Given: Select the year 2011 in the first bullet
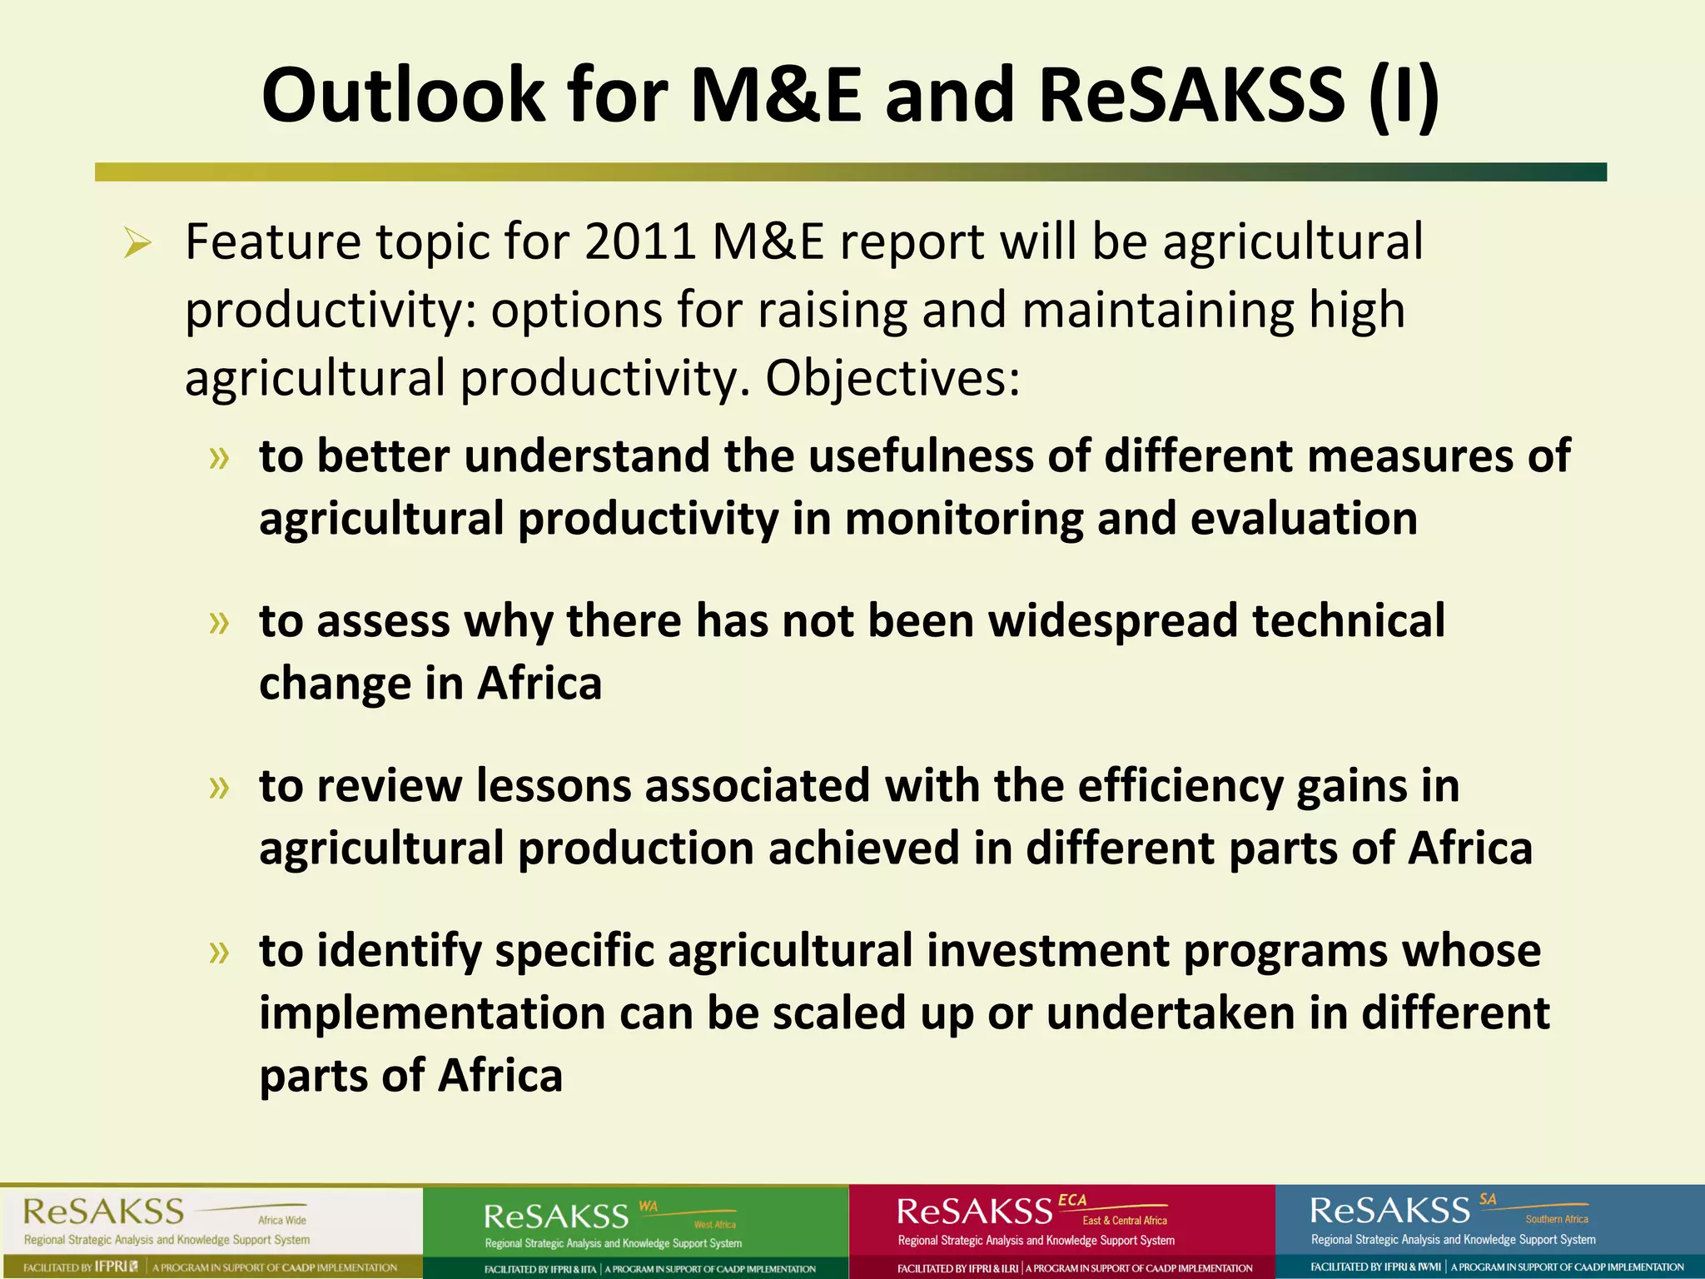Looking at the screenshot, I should coord(639,242).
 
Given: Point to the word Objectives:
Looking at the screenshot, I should coord(892,379).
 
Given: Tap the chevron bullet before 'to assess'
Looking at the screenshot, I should coord(219,622).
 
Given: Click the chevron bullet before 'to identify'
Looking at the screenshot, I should coord(219,952).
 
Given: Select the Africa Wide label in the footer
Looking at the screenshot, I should coord(282,1220).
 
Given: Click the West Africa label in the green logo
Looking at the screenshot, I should coord(714,1224).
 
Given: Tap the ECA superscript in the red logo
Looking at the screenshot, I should coord(1072,1200).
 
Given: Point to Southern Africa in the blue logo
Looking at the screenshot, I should coord(1556,1219).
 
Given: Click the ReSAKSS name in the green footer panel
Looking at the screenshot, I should coord(556,1217).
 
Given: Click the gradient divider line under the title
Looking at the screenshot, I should coord(850,172).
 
